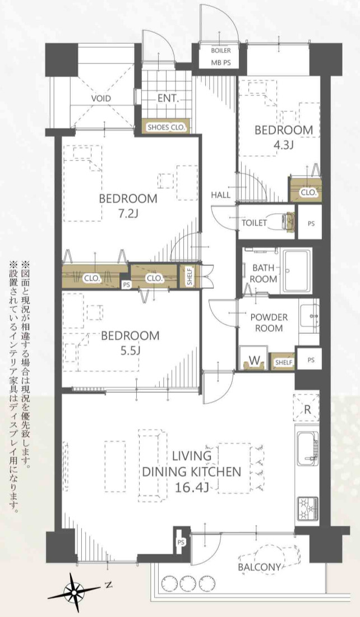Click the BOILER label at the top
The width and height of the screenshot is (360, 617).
click(x=220, y=50)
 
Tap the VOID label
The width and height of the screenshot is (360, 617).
click(x=101, y=99)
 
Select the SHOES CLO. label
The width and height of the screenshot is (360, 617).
click(x=167, y=127)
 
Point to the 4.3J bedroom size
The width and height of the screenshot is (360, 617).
click(x=283, y=144)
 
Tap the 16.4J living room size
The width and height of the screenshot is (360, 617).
click(x=191, y=487)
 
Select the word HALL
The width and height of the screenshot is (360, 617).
click(x=221, y=195)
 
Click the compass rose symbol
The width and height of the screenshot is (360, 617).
click(x=73, y=590)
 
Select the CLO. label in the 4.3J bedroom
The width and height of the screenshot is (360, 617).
click(x=308, y=192)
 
